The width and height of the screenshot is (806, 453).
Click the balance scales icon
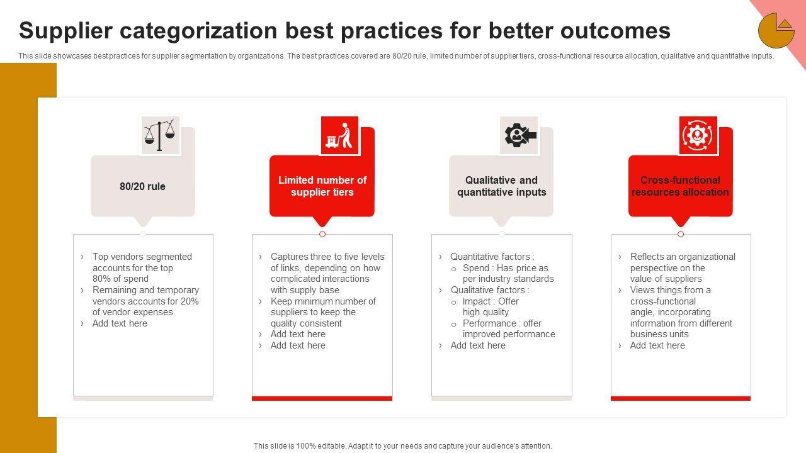click(160, 135)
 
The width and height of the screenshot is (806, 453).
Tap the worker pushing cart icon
click(339, 135)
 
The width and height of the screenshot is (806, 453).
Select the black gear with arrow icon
click(520, 135)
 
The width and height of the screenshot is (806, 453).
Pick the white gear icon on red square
click(698, 135)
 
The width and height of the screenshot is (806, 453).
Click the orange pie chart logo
click(776, 31)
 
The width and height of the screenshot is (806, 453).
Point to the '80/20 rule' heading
click(142, 186)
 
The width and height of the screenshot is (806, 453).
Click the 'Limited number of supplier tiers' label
click(322, 186)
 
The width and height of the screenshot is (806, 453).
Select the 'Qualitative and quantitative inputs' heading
click(502, 186)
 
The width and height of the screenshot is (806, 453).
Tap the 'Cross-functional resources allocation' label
click(680, 186)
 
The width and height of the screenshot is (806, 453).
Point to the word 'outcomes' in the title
click(615, 31)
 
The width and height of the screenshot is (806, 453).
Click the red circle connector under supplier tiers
click(322, 234)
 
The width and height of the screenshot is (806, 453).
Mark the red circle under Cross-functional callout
click(681, 234)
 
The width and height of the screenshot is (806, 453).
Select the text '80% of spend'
click(120, 279)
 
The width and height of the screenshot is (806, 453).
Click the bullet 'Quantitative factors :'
click(492, 257)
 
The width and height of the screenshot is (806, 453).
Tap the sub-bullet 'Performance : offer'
click(502, 323)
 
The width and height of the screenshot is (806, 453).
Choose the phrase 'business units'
click(659, 334)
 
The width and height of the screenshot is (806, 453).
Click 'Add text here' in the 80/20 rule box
click(120, 323)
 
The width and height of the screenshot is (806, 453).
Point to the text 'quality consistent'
click(306, 323)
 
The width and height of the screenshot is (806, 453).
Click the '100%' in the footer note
click(305, 446)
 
